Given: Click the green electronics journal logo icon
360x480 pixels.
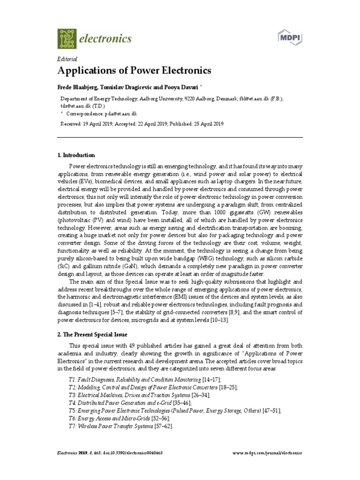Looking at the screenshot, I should [67, 38].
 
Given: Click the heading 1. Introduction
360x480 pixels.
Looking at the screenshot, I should [76, 155].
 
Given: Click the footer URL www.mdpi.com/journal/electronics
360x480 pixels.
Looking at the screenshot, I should [268, 453].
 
